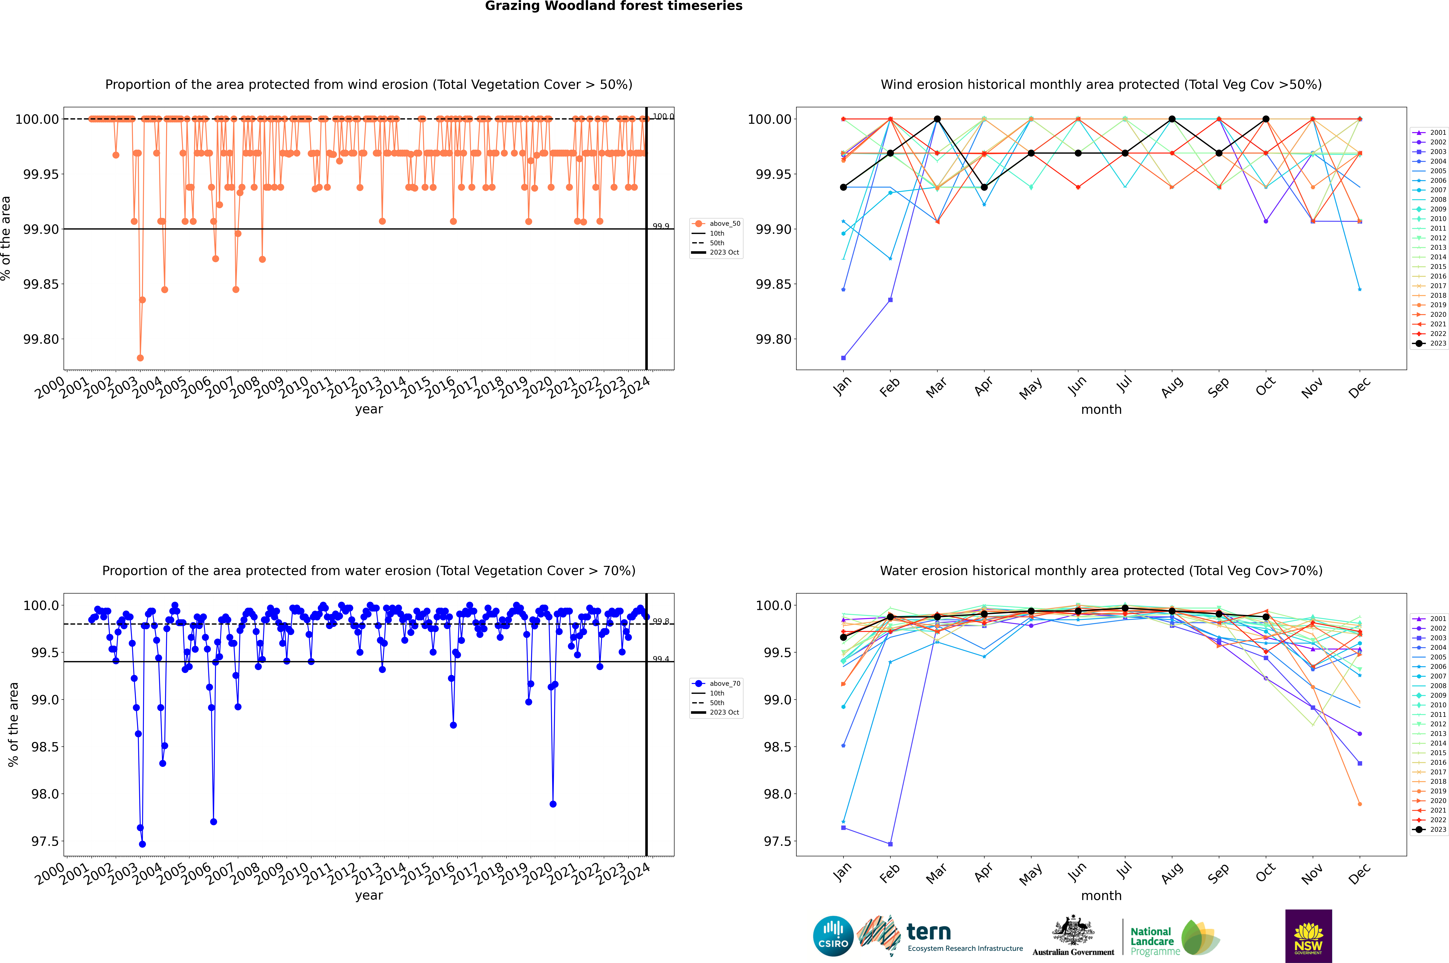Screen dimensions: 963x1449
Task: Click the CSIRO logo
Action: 833,936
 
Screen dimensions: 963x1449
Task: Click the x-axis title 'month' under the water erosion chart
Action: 1101,895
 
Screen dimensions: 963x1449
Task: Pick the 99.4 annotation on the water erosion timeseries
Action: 661,659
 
